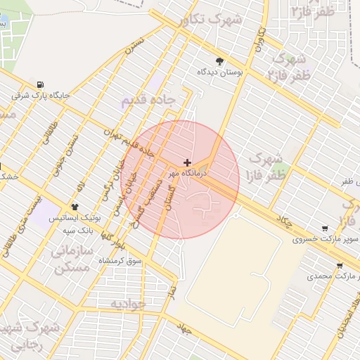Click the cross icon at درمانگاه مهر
coord(186,162)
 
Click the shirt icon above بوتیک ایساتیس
coord(75,207)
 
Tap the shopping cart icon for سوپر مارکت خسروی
coord(324,229)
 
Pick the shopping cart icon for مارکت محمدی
coord(340,266)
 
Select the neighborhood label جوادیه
coord(127,303)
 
